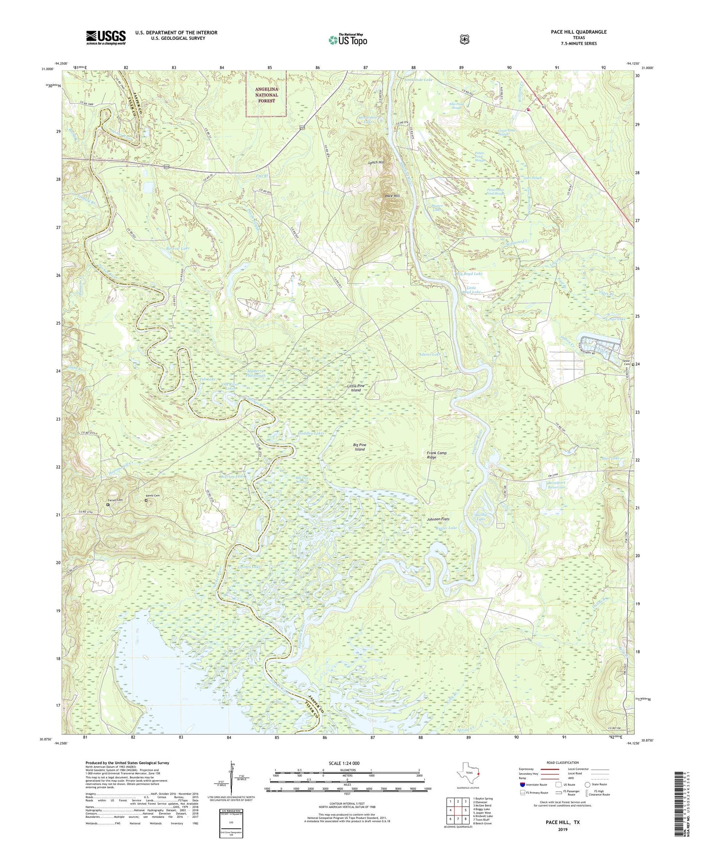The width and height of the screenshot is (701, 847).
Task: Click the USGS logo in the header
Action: [x=106, y=37]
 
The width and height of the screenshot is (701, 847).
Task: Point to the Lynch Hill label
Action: [x=376, y=163]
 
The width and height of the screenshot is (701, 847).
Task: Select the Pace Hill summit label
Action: [x=392, y=196]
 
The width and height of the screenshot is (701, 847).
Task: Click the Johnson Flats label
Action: [x=440, y=519]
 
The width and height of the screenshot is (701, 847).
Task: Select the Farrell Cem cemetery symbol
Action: [x=108, y=505]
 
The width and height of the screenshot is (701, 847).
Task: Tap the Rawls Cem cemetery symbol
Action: [x=146, y=500]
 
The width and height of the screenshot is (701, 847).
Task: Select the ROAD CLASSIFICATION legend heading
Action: [x=562, y=763]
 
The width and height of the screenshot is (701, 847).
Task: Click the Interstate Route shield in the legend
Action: [x=522, y=784]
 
